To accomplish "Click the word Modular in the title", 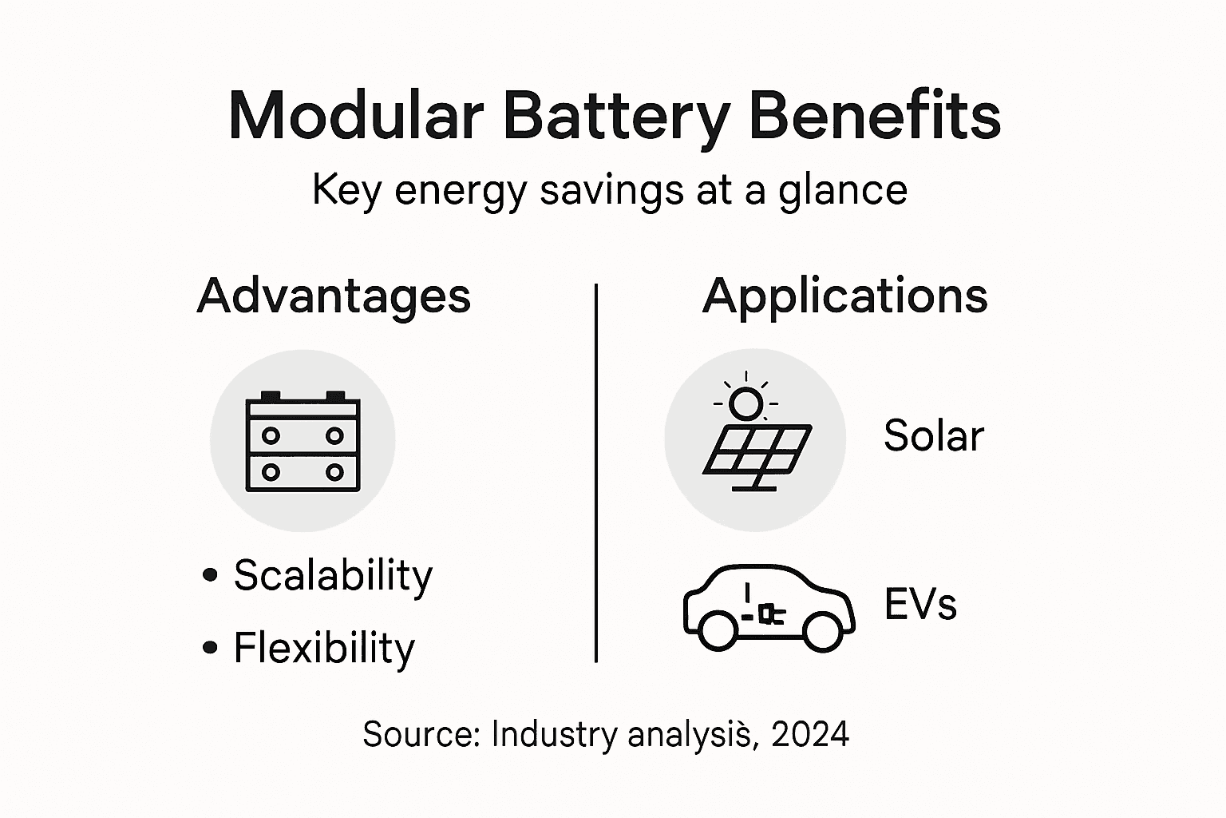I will (356, 117).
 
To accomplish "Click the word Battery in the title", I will (616, 117).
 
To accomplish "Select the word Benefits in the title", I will (875, 117).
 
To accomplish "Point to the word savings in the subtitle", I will (611, 192).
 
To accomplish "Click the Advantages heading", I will (334, 296).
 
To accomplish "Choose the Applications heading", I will (844, 296).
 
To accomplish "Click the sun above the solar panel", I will (746, 403).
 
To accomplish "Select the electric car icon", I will (769, 607).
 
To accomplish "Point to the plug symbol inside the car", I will (768, 613).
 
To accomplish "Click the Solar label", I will (934, 436).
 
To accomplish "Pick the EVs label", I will (920, 605).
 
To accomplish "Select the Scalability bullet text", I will (333, 575).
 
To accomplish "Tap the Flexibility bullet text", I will (324, 648).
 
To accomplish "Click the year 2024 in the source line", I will (810, 733).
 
